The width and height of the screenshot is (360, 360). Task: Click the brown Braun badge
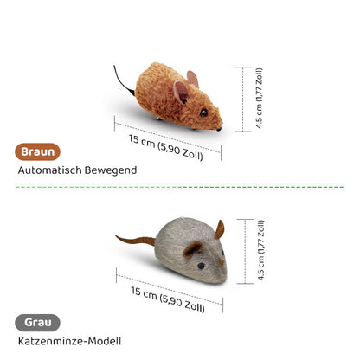pos(37,151)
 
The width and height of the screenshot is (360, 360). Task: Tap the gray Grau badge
pos(37,323)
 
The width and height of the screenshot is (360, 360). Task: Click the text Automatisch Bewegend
pos(77,170)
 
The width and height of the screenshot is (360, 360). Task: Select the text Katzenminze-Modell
pos(69,341)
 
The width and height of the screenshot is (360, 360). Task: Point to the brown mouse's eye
pos(203,112)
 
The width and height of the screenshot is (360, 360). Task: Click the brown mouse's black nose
pos(219,129)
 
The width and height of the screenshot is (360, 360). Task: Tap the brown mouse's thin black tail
pos(124,80)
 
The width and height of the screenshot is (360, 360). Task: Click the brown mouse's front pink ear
pos(181,92)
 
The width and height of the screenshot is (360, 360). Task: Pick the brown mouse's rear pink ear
pos(193,79)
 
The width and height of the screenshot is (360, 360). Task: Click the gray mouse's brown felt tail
pos(136,240)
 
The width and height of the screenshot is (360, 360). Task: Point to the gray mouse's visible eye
pos(201,266)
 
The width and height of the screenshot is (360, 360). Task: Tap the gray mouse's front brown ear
pos(193,248)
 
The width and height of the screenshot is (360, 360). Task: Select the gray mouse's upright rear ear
pos(220,229)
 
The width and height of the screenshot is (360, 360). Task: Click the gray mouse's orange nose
pos(221,261)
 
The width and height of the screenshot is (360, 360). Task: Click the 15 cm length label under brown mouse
pos(166,147)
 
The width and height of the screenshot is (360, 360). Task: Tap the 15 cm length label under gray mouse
pos(168,299)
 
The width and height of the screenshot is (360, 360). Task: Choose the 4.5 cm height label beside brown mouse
pos(260,98)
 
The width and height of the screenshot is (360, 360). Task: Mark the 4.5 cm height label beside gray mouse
pos(261,250)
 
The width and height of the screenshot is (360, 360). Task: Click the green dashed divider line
pos(179,187)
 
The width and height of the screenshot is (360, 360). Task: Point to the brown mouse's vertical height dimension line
pos(243,100)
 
